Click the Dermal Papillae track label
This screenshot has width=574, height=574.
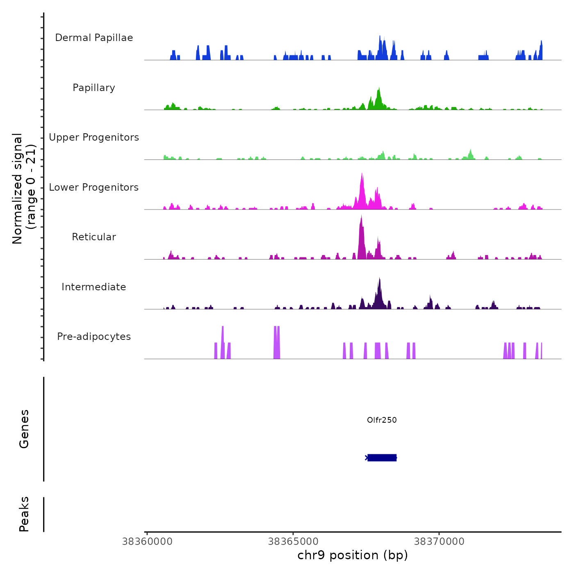pyautogui.click(x=94, y=38)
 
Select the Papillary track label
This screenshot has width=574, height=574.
pyautogui.click(x=94, y=88)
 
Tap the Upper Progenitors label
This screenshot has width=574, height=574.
pyautogui.click(x=94, y=137)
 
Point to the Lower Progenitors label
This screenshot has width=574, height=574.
pyautogui.click(x=94, y=187)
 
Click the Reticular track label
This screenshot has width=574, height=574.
pyautogui.click(x=94, y=237)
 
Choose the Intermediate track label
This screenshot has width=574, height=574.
pyautogui.click(x=94, y=287)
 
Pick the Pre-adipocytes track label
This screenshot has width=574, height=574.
pyautogui.click(x=94, y=337)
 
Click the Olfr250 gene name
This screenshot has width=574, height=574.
pyautogui.click(x=382, y=420)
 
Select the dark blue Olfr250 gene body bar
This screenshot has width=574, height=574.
pyautogui.click(x=382, y=458)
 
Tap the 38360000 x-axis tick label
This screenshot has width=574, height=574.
pyautogui.click(x=147, y=542)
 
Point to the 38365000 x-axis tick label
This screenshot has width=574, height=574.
pyautogui.click(x=293, y=542)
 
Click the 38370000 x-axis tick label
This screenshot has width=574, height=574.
pyautogui.click(x=439, y=542)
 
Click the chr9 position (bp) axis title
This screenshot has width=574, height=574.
pyautogui.click(x=353, y=555)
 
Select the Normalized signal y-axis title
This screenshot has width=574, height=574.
pyautogui.click(x=24, y=189)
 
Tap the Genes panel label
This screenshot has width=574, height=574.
pyautogui.click(x=24, y=429)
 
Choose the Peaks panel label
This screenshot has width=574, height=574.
pyautogui.click(x=24, y=514)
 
